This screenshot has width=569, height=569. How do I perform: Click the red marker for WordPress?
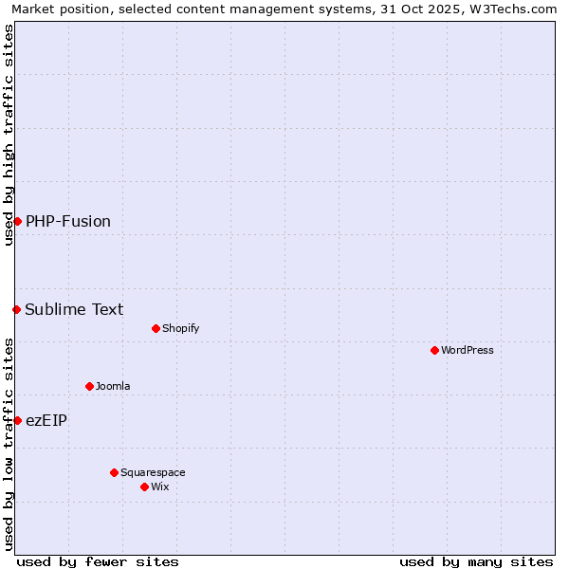pos(434,350)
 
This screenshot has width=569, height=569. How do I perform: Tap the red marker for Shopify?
pos(156,328)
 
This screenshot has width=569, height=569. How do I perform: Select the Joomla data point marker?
pos(89,386)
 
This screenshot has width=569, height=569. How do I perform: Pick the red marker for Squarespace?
pos(114,472)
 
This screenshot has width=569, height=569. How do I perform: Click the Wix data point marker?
pos(144,486)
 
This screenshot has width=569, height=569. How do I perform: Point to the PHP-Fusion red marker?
pos(17,221)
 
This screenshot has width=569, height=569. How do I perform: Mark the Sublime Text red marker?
pos(16,309)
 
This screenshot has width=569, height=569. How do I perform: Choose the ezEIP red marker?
pos(17,420)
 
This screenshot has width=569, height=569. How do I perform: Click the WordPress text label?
pos(468,350)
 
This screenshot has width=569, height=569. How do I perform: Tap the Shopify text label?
pos(180,328)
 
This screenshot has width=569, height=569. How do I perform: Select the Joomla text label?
pos(113,386)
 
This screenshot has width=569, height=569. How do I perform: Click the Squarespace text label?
pos(153,472)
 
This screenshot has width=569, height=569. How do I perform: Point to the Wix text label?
pos(160,486)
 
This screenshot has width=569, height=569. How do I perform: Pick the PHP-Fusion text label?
pos(68,221)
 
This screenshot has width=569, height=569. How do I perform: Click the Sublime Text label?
pos(74,309)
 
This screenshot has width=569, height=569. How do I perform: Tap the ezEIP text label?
pos(46,420)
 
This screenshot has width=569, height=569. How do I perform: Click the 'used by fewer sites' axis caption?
pos(98,561)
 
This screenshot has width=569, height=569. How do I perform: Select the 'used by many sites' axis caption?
pos(476,561)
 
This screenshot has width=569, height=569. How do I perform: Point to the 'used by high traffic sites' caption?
pos(9,135)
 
